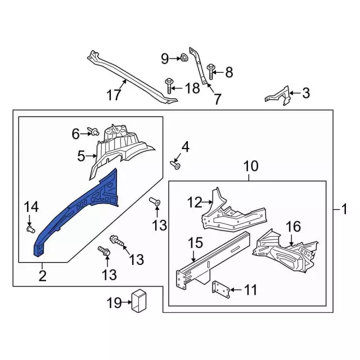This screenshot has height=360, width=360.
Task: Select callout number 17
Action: (114, 95)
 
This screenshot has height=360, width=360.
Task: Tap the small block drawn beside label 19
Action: (138, 300)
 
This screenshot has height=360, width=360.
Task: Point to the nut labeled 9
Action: (183, 57)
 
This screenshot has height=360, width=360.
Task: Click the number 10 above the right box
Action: (250, 166)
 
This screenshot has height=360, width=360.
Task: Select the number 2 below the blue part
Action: (42, 276)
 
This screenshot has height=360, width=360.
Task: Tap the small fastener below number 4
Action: (176, 165)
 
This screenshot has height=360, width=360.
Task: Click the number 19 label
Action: (114, 303)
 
